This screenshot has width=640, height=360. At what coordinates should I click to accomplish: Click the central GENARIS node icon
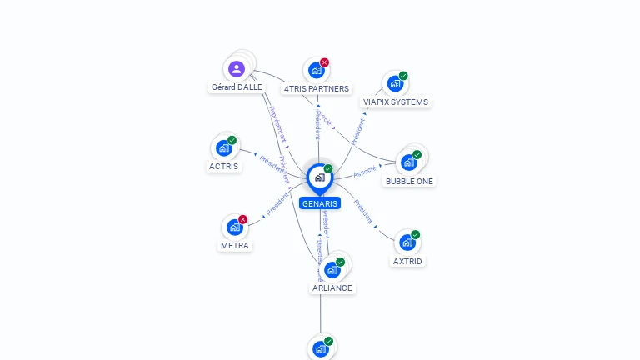point(320,177)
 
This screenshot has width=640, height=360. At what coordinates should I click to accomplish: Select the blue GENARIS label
point(320,203)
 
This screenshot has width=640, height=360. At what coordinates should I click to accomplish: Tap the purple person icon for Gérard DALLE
point(237,68)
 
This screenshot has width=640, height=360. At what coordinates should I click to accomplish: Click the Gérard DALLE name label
point(237,87)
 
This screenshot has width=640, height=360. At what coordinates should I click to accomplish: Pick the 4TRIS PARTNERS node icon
point(316,71)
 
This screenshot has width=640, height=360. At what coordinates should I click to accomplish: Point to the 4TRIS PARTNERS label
point(317,88)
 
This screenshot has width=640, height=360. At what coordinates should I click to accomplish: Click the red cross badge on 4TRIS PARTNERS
point(325,62)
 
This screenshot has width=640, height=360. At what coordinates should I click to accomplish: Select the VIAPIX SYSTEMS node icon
point(395,84)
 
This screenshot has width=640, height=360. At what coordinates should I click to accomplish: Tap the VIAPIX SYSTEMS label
point(396,102)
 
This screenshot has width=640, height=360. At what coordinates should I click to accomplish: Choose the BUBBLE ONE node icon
point(408,162)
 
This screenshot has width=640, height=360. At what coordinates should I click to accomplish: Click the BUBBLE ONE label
point(409,181)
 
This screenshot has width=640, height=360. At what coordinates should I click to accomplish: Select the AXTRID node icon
point(407,242)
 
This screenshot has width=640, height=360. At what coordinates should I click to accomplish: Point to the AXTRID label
point(407,261)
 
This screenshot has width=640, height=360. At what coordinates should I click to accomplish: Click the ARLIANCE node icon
point(332,270)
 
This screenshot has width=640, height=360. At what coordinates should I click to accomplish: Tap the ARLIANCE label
point(332,287)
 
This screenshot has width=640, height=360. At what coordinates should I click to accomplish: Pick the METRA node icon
point(234,227)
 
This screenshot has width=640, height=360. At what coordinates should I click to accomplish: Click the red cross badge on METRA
point(243,219)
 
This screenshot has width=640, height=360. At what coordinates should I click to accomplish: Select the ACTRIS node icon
point(223,148)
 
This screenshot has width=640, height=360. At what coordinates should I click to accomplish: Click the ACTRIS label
point(223,166)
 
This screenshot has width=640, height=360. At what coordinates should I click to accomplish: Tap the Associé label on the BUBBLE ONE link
point(365,172)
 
